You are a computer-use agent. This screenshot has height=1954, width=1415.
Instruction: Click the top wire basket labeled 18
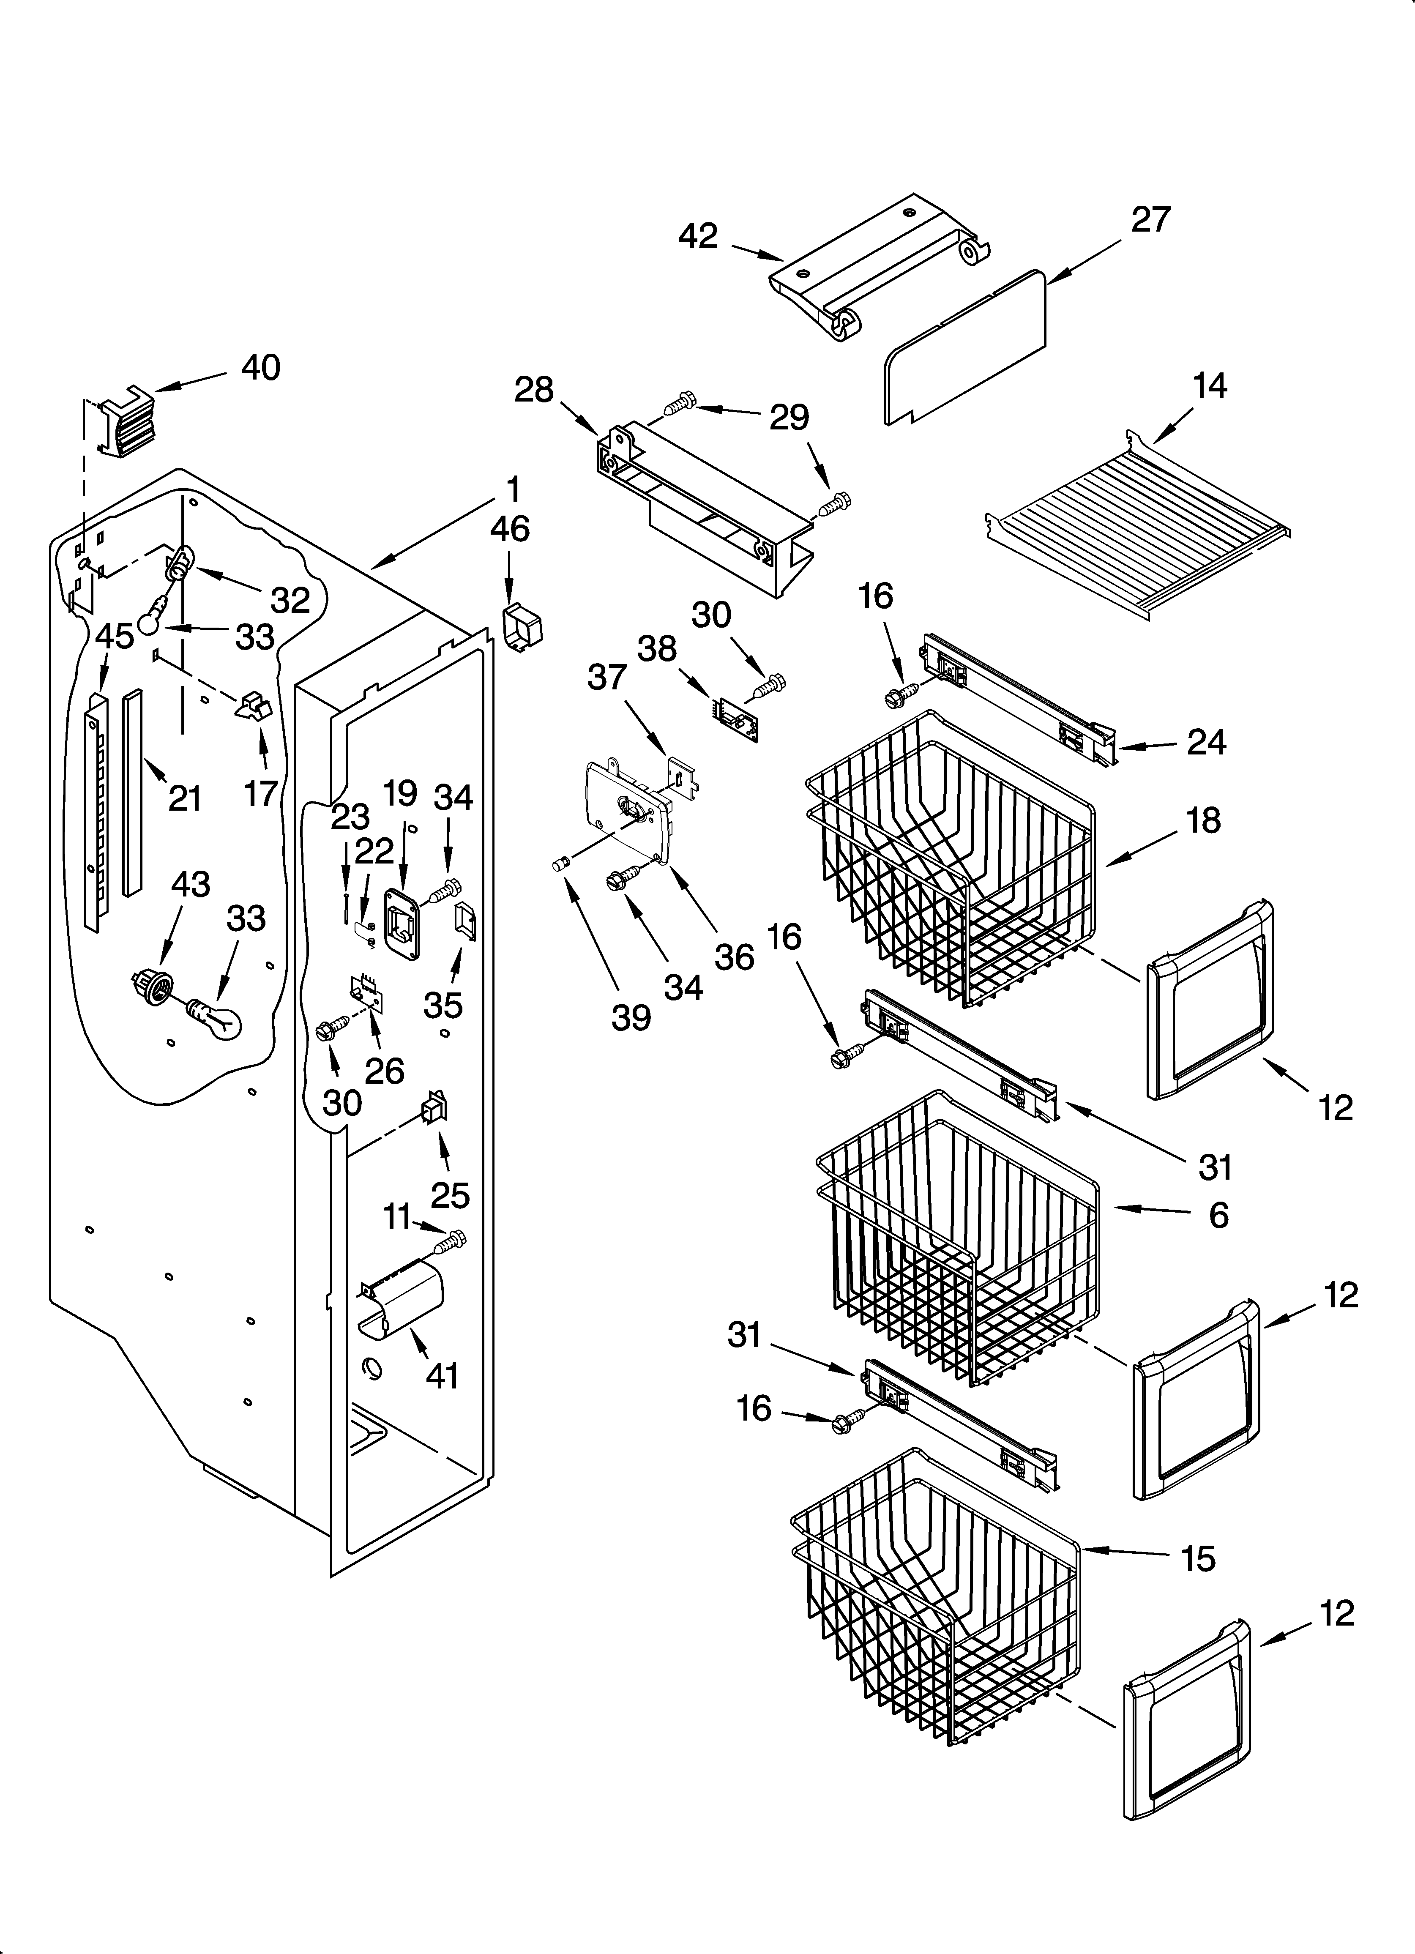point(948,861)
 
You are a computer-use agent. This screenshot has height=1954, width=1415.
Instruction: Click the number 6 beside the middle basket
point(1218,1215)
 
